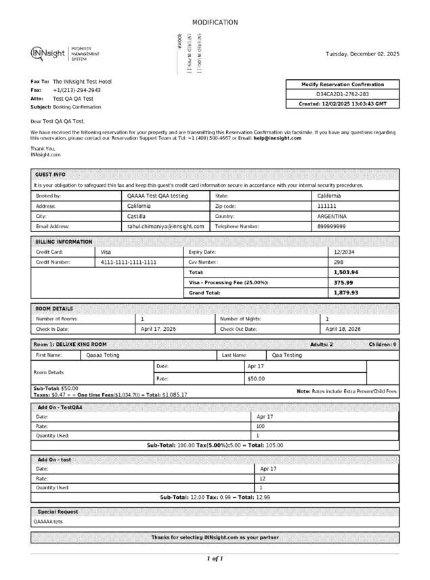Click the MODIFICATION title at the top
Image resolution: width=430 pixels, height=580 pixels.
(215, 22)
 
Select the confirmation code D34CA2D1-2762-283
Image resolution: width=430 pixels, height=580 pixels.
(343, 94)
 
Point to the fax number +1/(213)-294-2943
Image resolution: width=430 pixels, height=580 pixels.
(77, 90)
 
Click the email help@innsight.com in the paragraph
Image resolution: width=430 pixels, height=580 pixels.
(278, 138)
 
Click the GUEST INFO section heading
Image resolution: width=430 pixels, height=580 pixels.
(50, 174)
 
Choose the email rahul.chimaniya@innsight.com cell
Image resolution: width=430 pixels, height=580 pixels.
(165, 227)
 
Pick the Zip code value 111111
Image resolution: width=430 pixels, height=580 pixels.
(327, 206)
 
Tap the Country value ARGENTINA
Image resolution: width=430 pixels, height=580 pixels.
(332, 217)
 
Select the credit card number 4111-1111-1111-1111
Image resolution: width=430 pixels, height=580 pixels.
(129, 262)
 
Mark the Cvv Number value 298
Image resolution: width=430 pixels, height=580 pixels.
(339, 262)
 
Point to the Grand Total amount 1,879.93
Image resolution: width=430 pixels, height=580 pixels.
(345, 293)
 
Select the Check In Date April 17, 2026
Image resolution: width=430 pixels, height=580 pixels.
(158, 329)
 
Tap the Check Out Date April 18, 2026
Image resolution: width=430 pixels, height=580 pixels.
(343, 329)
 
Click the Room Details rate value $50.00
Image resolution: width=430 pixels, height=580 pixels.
(255, 379)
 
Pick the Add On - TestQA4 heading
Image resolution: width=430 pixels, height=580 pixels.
(60, 407)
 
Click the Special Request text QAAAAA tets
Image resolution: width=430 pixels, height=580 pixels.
(48, 522)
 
